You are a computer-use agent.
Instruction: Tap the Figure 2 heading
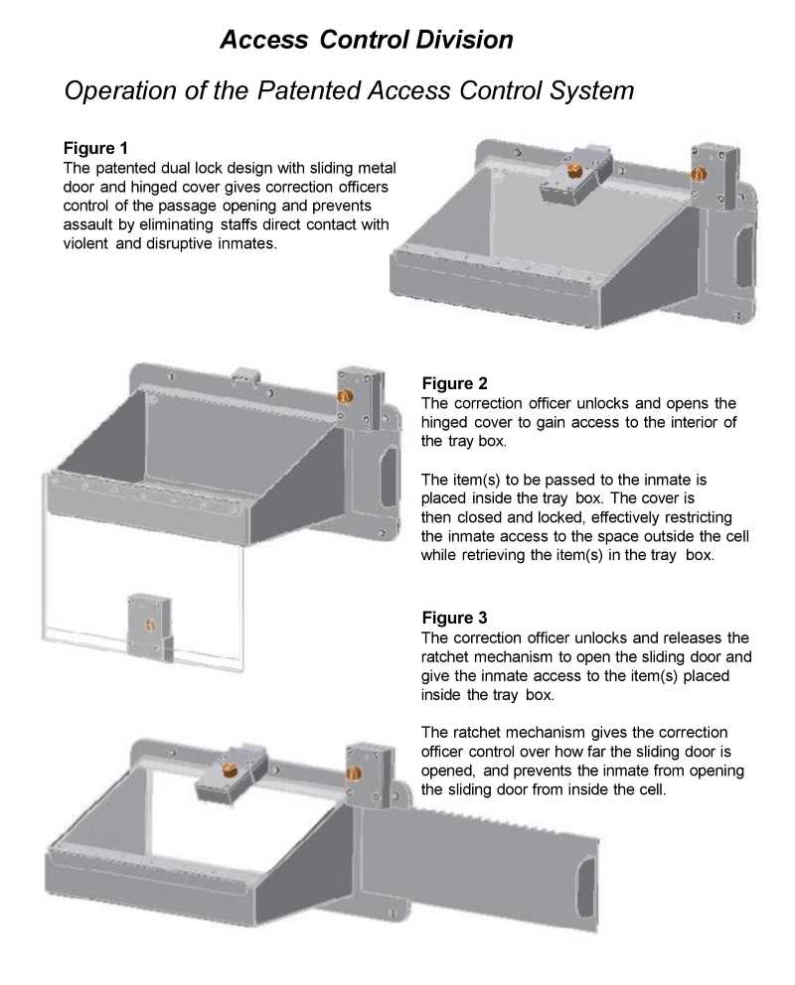pyautogui.click(x=454, y=382)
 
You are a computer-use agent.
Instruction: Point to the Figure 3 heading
pyautogui.click(x=454, y=618)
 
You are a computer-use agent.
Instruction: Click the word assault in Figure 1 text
pyautogui.click(x=89, y=224)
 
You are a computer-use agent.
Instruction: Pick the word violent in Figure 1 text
pyautogui.click(x=85, y=243)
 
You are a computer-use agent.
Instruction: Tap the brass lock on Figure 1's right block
pyautogui.click(x=700, y=173)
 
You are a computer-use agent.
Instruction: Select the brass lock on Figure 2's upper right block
pyautogui.click(x=345, y=396)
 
